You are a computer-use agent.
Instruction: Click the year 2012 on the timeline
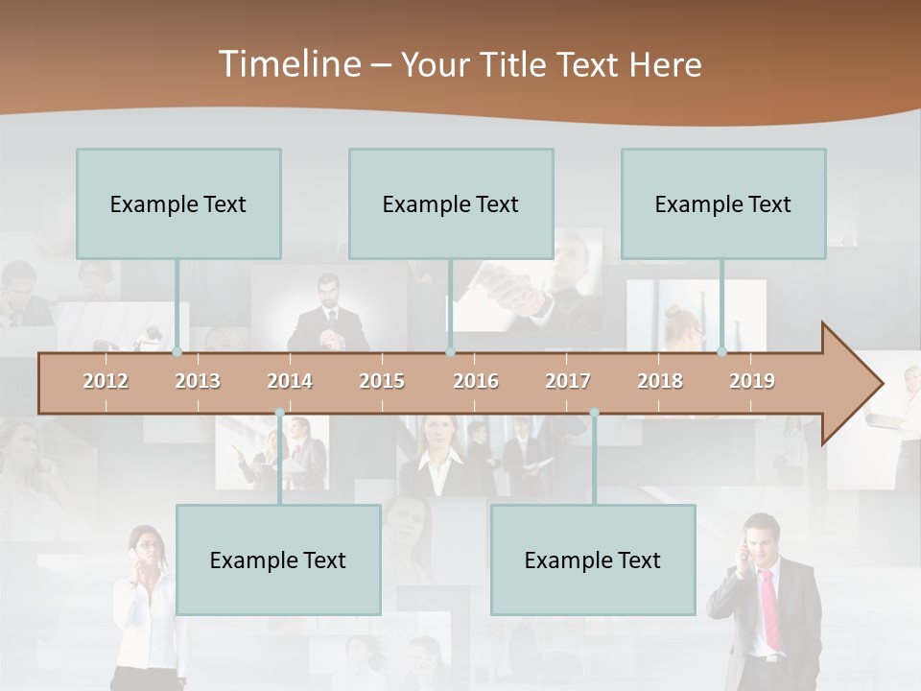click(x=106, y=381)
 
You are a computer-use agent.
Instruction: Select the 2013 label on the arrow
click(x=198, y=381)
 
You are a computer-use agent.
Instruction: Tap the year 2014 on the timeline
click(x=290, y=381)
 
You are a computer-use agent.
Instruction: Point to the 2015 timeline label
click(x=382, y=381)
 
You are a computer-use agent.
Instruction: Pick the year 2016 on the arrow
click(x=476, y=381)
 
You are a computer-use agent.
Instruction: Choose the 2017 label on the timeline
click(x=568, y=381)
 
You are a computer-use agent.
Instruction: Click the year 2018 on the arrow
click(x=660, y=381)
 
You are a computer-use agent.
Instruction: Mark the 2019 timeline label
click(x=752, y=381)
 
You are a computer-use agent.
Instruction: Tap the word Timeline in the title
click(x=288, y=64)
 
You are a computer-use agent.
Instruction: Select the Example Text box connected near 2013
click(x=178, y=203)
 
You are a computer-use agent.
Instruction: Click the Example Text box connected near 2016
click(x=451, y=203)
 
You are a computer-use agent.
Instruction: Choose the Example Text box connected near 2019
click(x=723, y=203)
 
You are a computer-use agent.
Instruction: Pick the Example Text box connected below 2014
click(x=278, y=560)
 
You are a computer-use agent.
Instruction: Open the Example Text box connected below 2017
click(x=593, y=560)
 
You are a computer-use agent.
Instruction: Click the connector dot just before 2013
click(x=177, y=352)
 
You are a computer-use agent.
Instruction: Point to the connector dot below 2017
click(x=594, y=413)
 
